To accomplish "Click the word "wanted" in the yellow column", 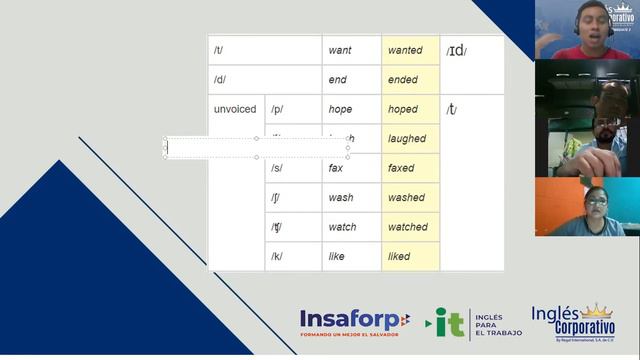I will pos(405,50).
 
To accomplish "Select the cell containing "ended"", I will pos(402,80).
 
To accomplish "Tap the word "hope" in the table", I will pos(340,109).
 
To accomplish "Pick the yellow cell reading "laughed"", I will pos(407,139).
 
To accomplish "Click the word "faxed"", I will pos(401,168).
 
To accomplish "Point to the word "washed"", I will pos(406,198).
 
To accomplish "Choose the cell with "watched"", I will pos(407,227).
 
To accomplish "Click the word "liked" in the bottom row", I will pos(399,257).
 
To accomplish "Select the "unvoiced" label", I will pos(235,109).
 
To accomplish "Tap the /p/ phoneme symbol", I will pos(277,109).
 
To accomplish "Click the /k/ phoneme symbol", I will pos(277,257).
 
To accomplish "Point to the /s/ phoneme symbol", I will pos(277,168).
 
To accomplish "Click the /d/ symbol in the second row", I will pos(220,80).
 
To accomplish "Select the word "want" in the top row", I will pos(339,50).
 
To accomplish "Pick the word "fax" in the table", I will pos(336,168).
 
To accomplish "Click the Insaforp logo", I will pos(354,322).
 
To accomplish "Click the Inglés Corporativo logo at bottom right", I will pos(572,322).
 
